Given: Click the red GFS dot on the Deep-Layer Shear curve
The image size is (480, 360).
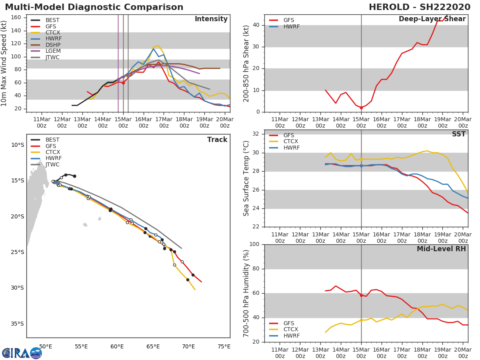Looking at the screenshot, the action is point(361,108).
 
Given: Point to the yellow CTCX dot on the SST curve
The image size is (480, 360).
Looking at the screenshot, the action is point(361,160).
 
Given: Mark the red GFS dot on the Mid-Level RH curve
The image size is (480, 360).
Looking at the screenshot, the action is point(361,296).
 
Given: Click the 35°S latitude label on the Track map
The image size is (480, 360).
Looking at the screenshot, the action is point(17,324).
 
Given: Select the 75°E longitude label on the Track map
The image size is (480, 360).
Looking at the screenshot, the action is point(224,346).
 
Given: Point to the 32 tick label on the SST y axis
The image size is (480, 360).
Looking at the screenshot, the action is point(256,134).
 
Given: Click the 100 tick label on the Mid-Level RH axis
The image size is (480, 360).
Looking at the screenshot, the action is point(254,244).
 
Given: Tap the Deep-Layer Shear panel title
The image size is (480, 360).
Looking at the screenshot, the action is point(432,19).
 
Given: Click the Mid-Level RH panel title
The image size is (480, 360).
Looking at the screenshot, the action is point(441,249).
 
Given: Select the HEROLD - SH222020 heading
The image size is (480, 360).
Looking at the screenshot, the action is point(420,7).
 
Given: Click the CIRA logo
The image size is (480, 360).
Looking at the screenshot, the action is point(22,353).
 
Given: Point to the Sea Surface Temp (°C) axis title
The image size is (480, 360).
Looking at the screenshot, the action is point(246,178).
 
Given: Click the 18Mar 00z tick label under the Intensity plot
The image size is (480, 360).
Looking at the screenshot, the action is point(184,122).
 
